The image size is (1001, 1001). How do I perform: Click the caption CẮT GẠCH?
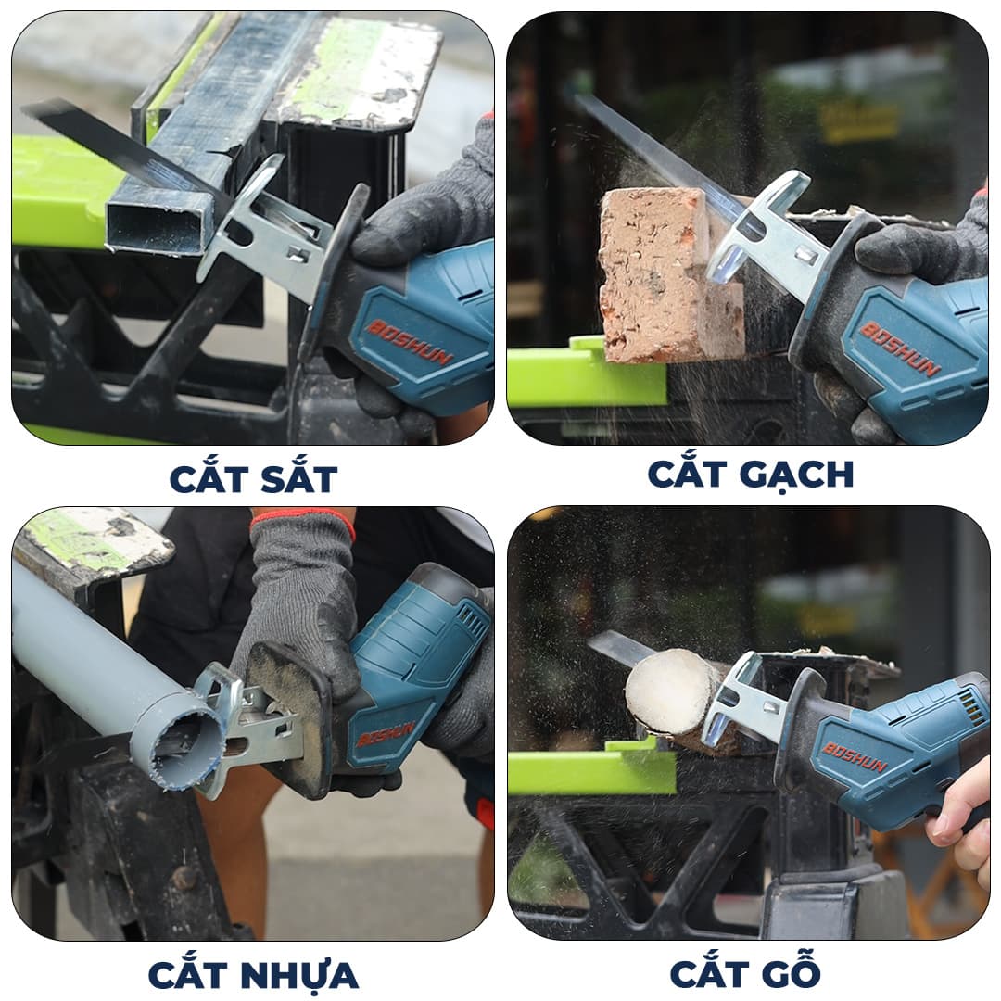click(x=750, y=474)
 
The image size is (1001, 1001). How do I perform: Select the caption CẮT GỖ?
click(x=745, y=971)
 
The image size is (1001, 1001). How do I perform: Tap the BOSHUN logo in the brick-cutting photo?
click(x=901, y=348)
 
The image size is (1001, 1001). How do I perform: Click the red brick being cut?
click(x=664, y=274)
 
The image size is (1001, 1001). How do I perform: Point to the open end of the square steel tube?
click(x=158, y=223)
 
